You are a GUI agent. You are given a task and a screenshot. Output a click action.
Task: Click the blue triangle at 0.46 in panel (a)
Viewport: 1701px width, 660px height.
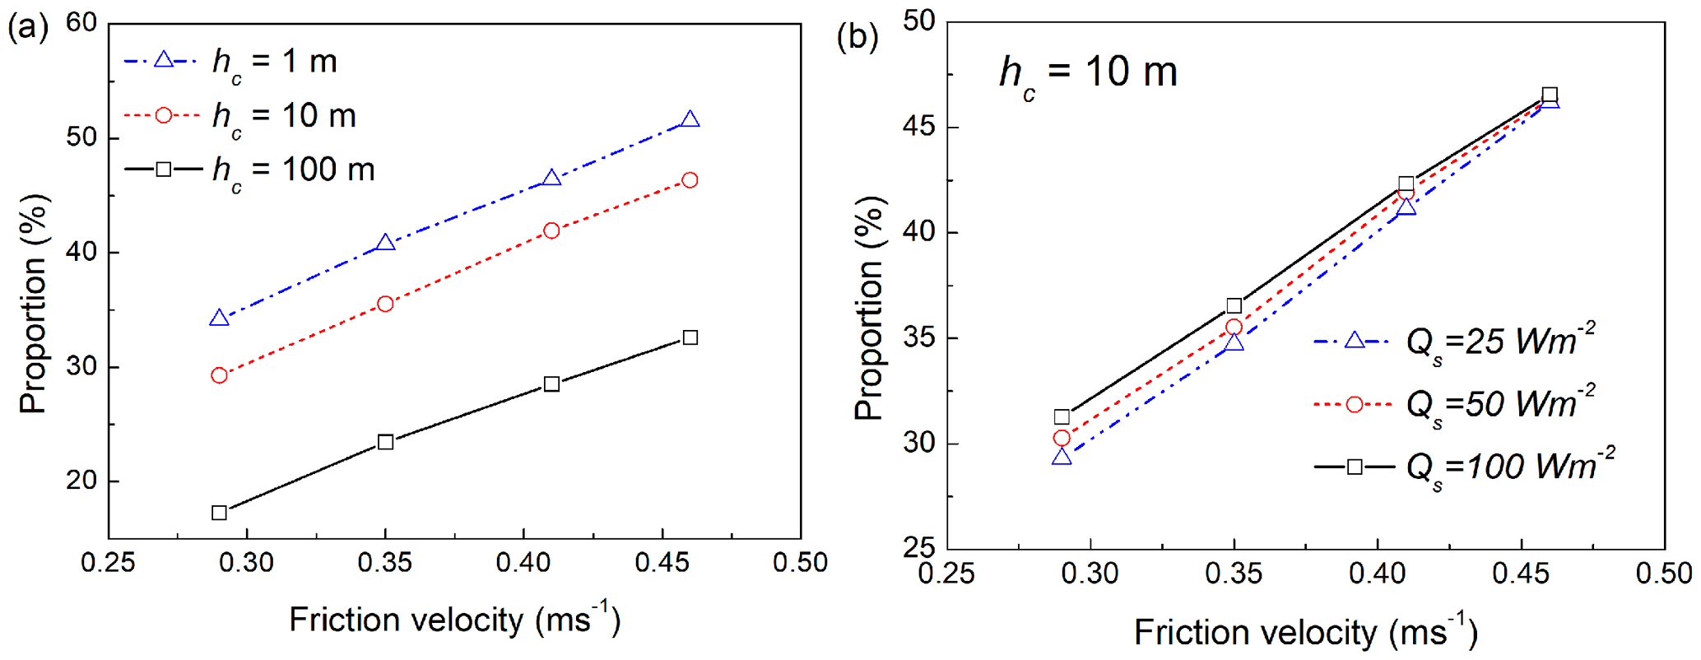pos(690,120)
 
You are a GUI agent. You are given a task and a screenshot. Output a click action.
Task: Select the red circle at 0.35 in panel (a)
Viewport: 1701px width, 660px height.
pos(385,304)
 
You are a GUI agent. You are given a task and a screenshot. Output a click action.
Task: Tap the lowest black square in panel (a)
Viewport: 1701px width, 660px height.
pos(219,513)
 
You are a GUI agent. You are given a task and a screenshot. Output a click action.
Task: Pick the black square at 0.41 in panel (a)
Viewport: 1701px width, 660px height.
pos(551,383)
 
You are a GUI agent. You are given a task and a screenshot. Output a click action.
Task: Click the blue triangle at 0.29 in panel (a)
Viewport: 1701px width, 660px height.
pos(219,318)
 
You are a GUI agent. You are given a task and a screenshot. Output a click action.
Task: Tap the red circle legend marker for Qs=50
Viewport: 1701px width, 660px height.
pos(1354,404)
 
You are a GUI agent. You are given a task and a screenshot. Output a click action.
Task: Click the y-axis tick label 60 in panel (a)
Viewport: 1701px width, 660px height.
pos(82,23)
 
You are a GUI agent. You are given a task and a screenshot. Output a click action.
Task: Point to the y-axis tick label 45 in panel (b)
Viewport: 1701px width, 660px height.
pos(919,127)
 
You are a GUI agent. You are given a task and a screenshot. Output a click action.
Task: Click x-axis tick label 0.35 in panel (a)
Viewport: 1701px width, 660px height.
pos(385,563)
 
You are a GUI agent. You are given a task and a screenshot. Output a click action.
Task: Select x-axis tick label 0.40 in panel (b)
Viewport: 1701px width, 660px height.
pos(1378,574)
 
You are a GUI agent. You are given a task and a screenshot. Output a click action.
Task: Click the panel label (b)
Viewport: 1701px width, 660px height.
pos(857,37)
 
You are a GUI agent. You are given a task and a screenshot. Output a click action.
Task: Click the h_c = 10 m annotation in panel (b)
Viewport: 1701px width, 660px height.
pos(1088,73)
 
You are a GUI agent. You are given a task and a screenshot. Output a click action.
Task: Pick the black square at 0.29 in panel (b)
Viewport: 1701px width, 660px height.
pos(1062,416)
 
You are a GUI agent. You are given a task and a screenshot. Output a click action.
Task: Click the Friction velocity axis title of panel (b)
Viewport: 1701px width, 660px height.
pos(1305,633)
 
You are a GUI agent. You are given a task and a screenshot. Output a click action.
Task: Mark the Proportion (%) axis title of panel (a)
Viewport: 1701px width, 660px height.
pos(35,304)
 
